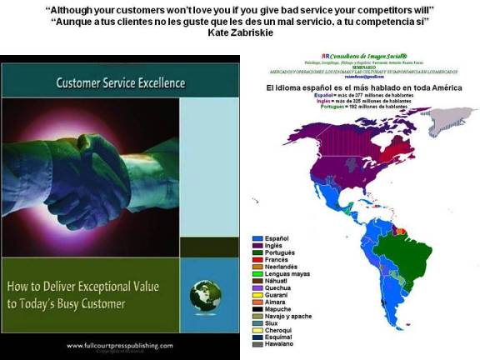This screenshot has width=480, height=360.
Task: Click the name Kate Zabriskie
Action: point(240,32)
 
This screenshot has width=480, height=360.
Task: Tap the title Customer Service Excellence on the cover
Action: point(119,84)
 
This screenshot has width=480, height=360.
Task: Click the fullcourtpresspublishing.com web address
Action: point(120,345)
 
